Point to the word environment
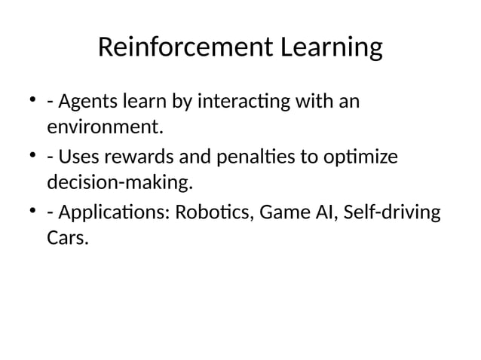point(105,128)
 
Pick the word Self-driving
point(391,213)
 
